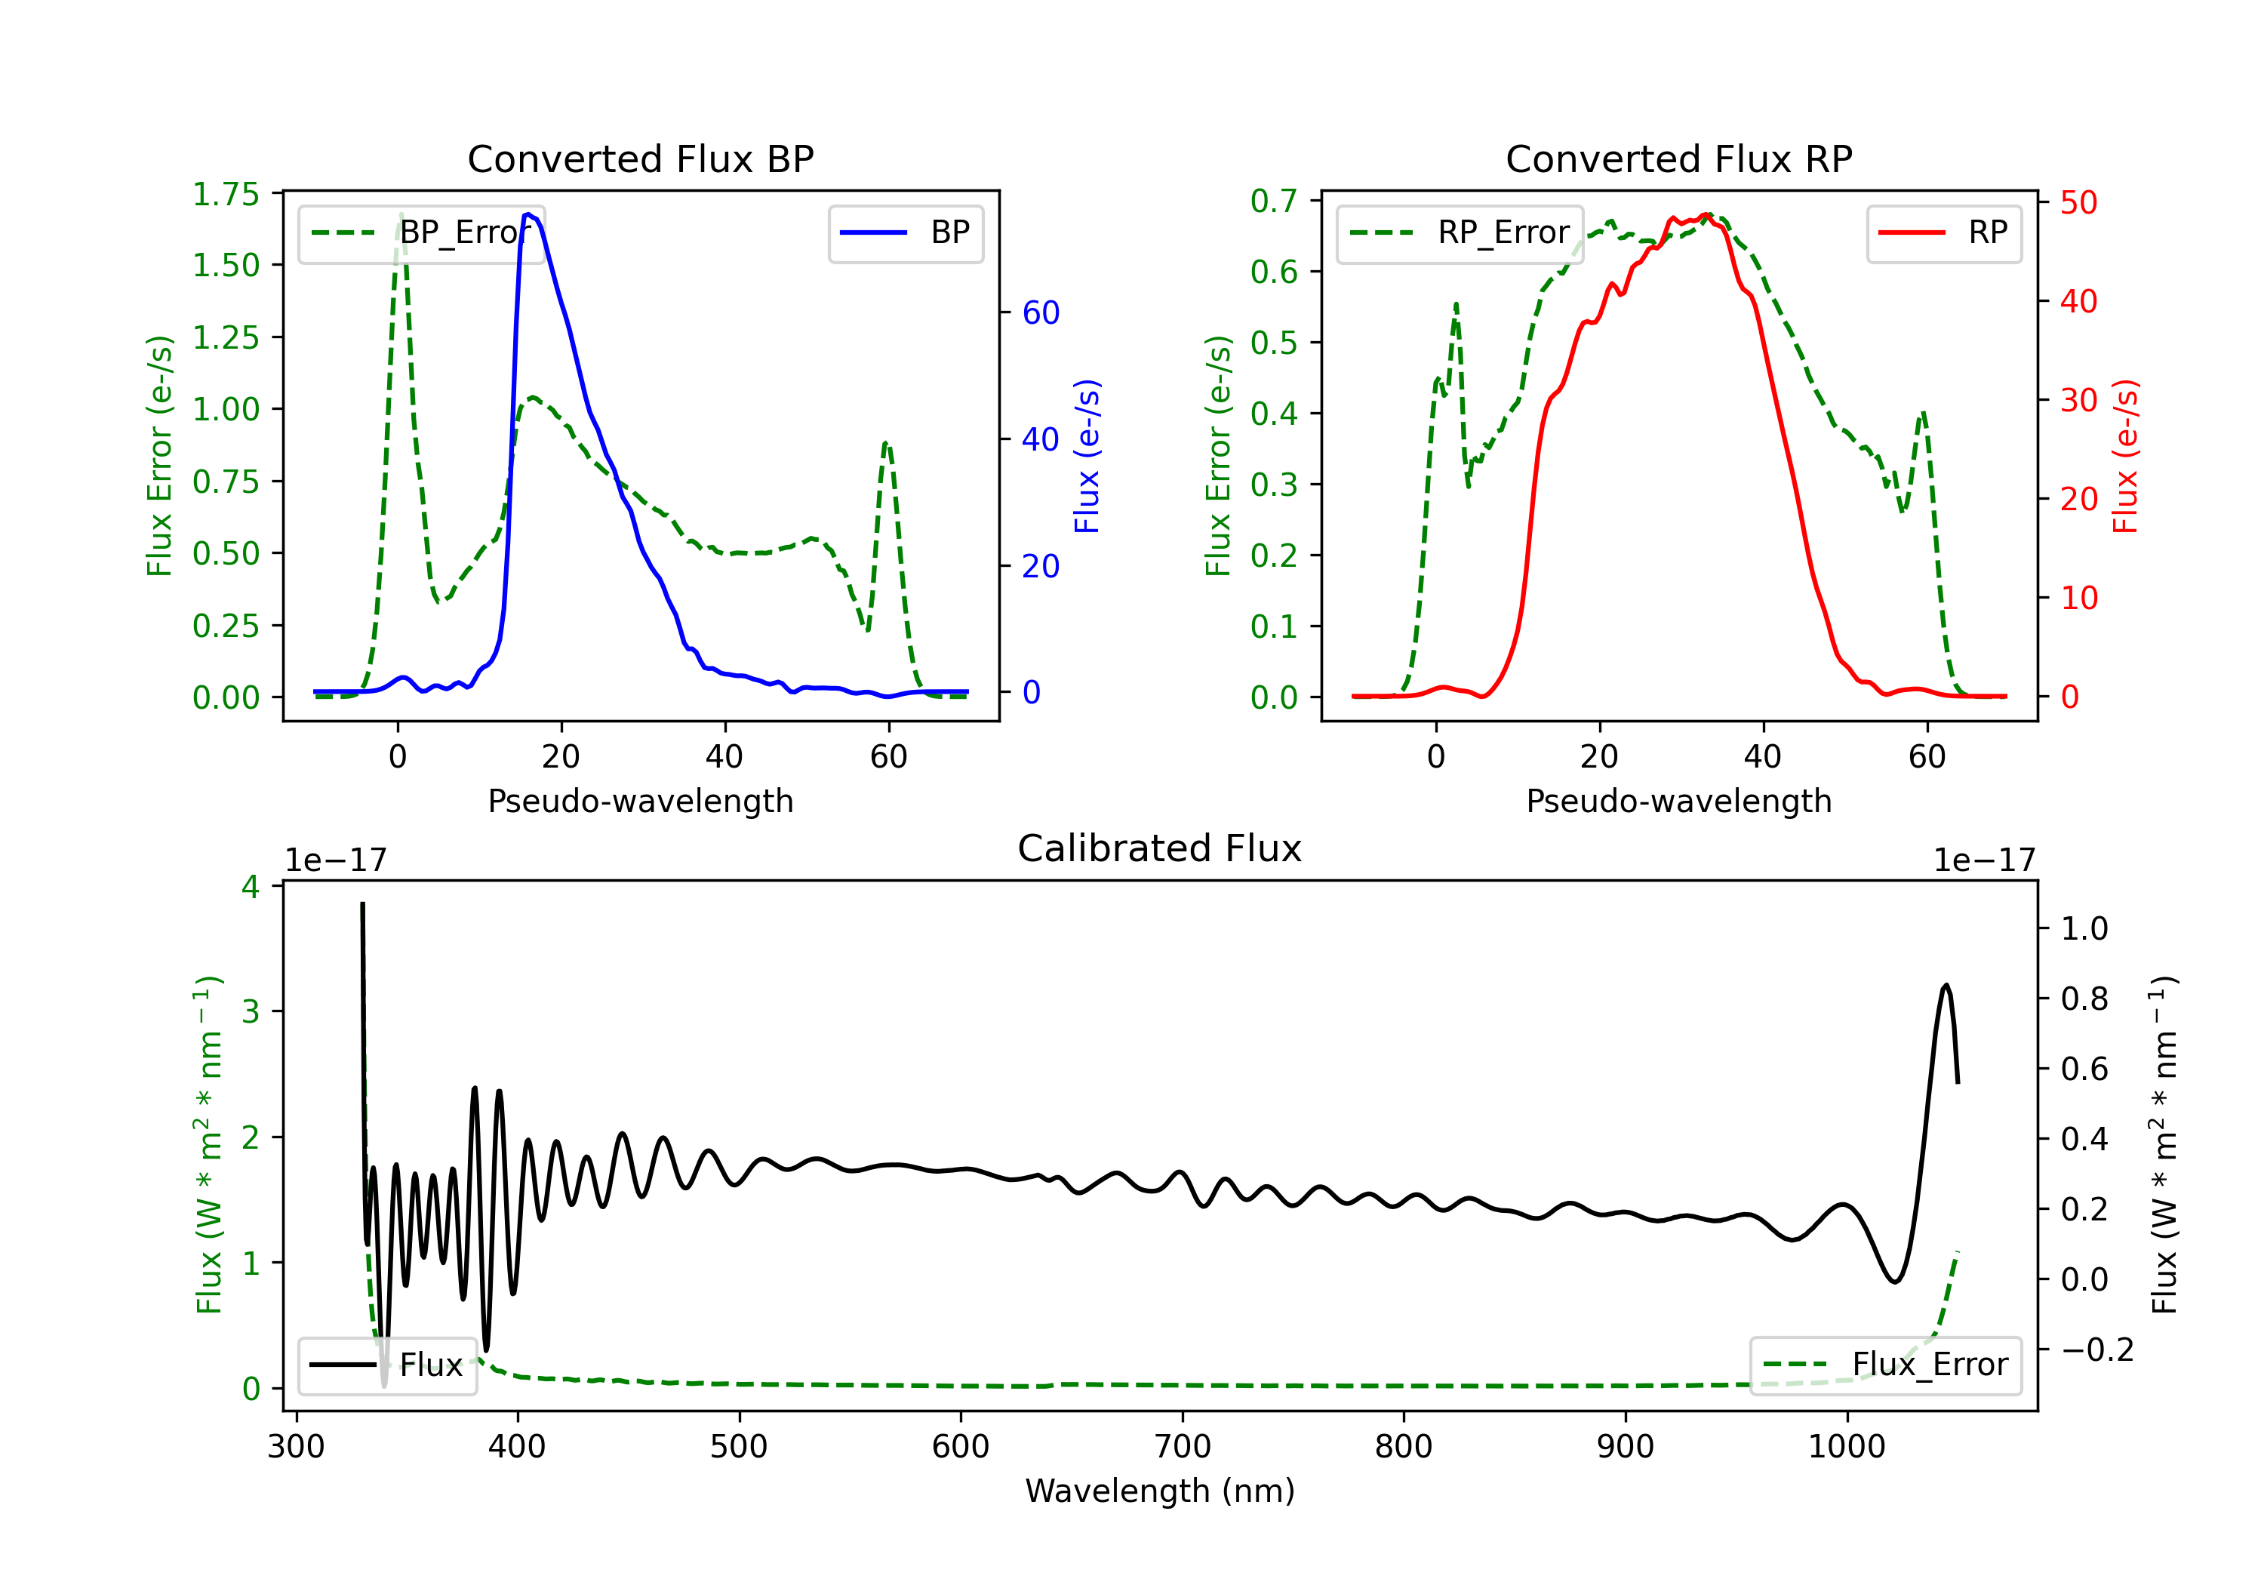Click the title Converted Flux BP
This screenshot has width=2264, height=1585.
(x=640, y=158)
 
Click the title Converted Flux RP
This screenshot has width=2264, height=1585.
(x=1678, y=158)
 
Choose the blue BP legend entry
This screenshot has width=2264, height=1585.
(x=905, y=232)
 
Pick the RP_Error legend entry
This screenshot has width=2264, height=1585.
(x=1460, y=232)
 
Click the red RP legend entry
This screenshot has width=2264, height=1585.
(x=1943, y=232)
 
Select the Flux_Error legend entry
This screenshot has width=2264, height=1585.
(x=1885, y=1365)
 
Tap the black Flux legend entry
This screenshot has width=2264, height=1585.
(x=386, y=1365)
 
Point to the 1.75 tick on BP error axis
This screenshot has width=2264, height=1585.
(x=226, y=194)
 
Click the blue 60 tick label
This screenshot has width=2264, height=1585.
(x=1040, y=312)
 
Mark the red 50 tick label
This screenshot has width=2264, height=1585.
(x=2078, y=203)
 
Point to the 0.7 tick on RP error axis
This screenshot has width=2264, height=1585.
(x=1274, y=202)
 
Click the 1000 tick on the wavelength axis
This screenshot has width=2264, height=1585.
(x=1846, y=1447)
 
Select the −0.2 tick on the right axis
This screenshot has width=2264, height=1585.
(x=2097, y=1350)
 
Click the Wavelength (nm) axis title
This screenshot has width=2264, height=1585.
(x=1160, y=1491)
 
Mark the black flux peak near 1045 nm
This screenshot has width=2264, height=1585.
(x=1946, y=984)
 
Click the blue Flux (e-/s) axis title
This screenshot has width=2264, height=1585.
(x=1087, y=457)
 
